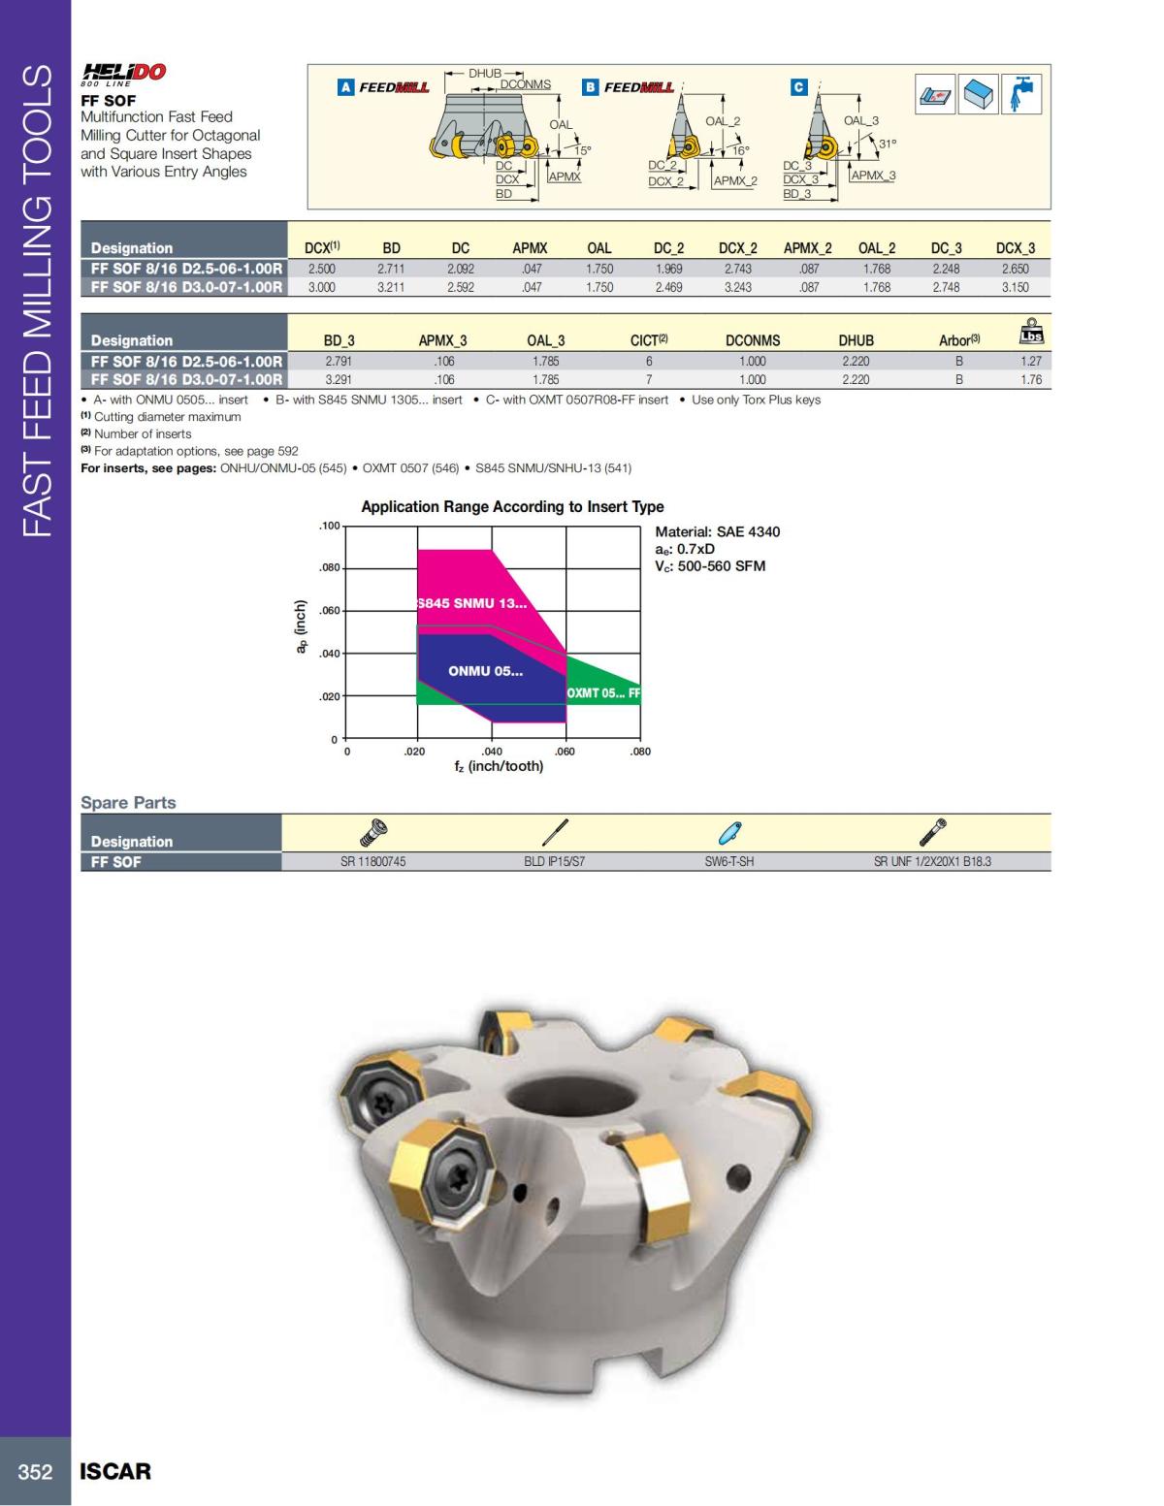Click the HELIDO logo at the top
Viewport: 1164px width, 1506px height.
(123, 73)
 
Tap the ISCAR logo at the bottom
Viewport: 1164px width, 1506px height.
(115, 1471)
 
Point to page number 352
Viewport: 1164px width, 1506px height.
(35, 1471)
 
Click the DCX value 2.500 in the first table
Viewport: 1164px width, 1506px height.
(322, 269)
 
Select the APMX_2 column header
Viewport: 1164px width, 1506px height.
(807, 248)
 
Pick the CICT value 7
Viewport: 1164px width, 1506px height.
(649, 380)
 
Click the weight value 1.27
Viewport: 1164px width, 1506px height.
(1030, 361)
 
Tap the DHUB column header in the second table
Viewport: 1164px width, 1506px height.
(856, 340)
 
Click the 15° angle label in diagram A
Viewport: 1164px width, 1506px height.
(582, 150)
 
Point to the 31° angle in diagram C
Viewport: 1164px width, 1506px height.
(888, 144)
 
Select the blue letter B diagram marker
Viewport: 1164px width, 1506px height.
(590, 87)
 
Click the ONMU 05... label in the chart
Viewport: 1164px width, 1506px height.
(485, 671)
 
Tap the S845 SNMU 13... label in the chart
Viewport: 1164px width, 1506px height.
(472, 603)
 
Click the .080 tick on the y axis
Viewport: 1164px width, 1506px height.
(330, 568)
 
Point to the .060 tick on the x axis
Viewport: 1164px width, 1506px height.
(565, 752)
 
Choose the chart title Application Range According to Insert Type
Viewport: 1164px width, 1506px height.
(512, 506)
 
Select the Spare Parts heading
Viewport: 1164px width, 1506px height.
(128, 802)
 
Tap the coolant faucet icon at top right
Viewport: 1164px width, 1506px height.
(1020, 94)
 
